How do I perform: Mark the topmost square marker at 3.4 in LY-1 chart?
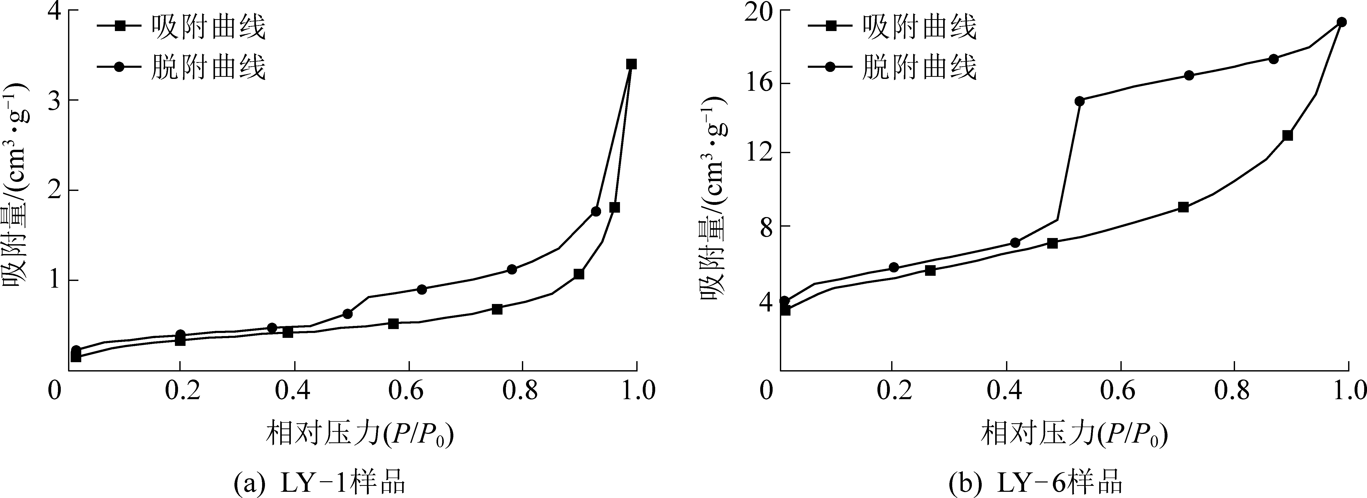(x=631, y=64)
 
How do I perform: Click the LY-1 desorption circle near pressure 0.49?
(x=348, y=314)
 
